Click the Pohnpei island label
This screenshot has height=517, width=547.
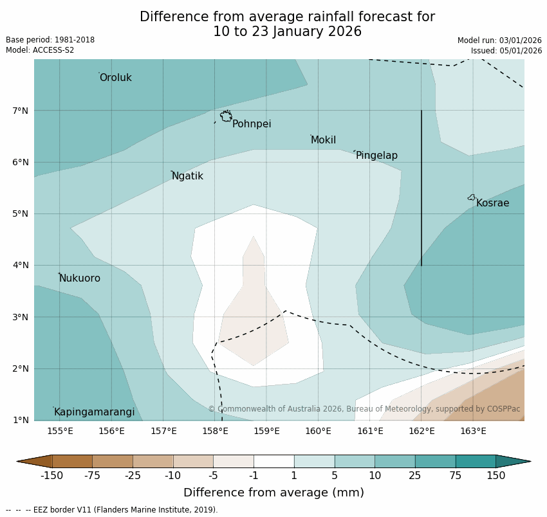tap(252, 124)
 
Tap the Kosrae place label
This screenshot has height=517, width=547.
tap(492, 203)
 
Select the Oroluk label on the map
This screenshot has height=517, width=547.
tap(115, 78)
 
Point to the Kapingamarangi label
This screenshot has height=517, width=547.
tap(94, 412)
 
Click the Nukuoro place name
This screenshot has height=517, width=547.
tap(80, 278)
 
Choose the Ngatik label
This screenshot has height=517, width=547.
tap(187, 176)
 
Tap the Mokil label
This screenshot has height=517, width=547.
tap(323, 140)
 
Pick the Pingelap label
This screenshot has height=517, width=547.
tap(376, 156)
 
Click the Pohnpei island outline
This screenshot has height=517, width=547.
tap(226, 116)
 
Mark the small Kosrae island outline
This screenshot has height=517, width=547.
tap(472, 197)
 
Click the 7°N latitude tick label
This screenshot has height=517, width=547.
tap(21, 111)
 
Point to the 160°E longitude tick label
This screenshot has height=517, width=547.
tap(318, 431)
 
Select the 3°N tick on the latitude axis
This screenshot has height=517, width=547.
tap(21, 317)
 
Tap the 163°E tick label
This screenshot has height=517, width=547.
tap(473, 431)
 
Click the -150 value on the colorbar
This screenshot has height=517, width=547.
tap(51, 476)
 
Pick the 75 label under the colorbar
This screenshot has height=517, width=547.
tap(456, 476)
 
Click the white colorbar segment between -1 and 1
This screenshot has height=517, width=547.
tap(273, 461)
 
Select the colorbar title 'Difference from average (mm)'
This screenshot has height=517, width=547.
tap(273, 493)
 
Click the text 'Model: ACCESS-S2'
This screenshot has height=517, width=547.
tap(40, 50)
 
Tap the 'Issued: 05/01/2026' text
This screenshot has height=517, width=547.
tap(506, 51)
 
